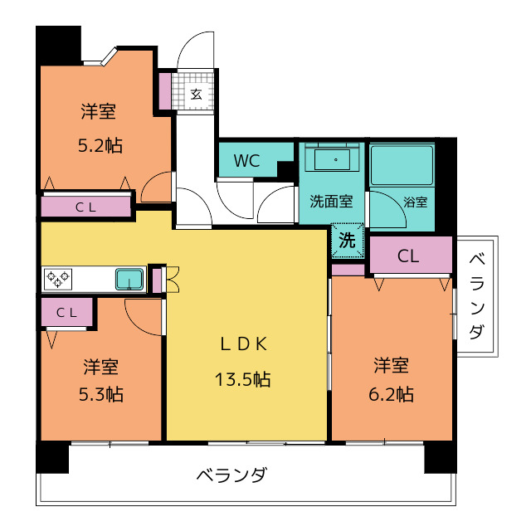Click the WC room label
[x=247, y=160]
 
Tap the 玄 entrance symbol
[x=196, y=94]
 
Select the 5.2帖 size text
[x=100, y=146]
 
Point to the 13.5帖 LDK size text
[x=243, y=379]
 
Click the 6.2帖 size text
[x=391, y=394]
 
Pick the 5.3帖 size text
[x=101, y=394]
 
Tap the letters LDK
[x=244, y=344]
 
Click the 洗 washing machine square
[x=348, y=240]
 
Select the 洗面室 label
[x=331, y=202]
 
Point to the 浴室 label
[x=415, y=202]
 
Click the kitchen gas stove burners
[x=58, y=280]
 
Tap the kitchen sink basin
[x=129, y=280]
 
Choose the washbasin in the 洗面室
[x=332, y=159]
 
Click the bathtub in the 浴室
[x=402, y=165]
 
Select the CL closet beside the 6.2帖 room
[x=411, y=255]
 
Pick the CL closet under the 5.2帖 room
[x=85, y=207]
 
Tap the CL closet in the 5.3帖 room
[x=66, y=312]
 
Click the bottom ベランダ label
[x=232, y=475]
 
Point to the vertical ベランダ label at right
[x=476, y=296]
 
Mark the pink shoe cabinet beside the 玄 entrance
[x=165, y=90]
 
